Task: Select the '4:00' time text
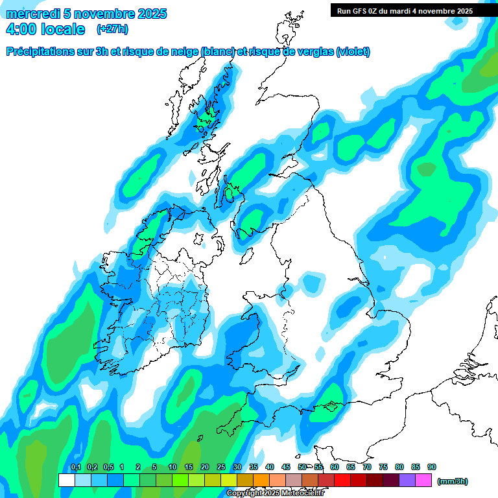[21, 29]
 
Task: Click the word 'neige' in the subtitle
[182, 52]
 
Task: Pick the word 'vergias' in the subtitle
[313, 52]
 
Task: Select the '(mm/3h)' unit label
[453, 481]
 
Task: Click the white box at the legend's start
[67, 480]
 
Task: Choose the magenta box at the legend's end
[424, 480]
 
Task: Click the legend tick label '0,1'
[75, 468]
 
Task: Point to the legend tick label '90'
[432, 468]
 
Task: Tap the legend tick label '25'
[221, 468]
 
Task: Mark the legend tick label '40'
[270, 468]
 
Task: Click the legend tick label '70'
[367, 468]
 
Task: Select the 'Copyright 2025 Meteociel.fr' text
[275, 493]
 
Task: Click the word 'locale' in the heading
[62, 29]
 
